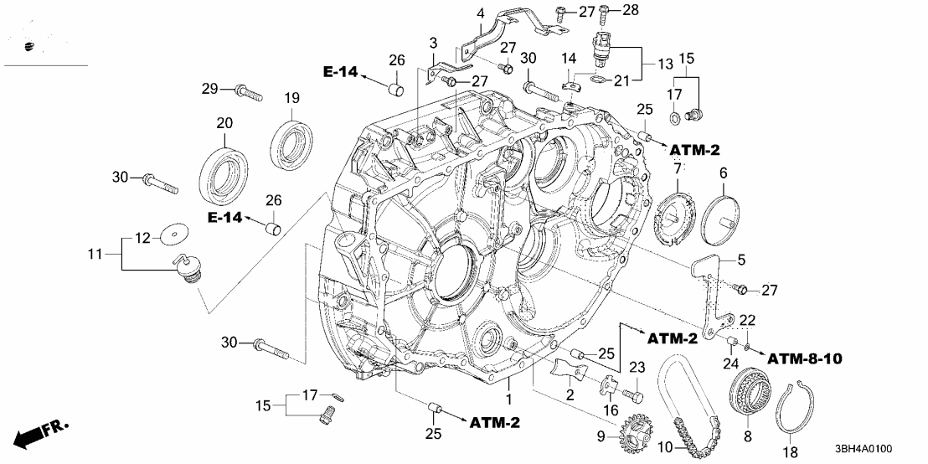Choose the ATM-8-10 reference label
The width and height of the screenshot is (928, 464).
point(804,358)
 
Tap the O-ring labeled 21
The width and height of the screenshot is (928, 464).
point(599,80)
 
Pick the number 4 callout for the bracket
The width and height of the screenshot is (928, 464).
point(480,13)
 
